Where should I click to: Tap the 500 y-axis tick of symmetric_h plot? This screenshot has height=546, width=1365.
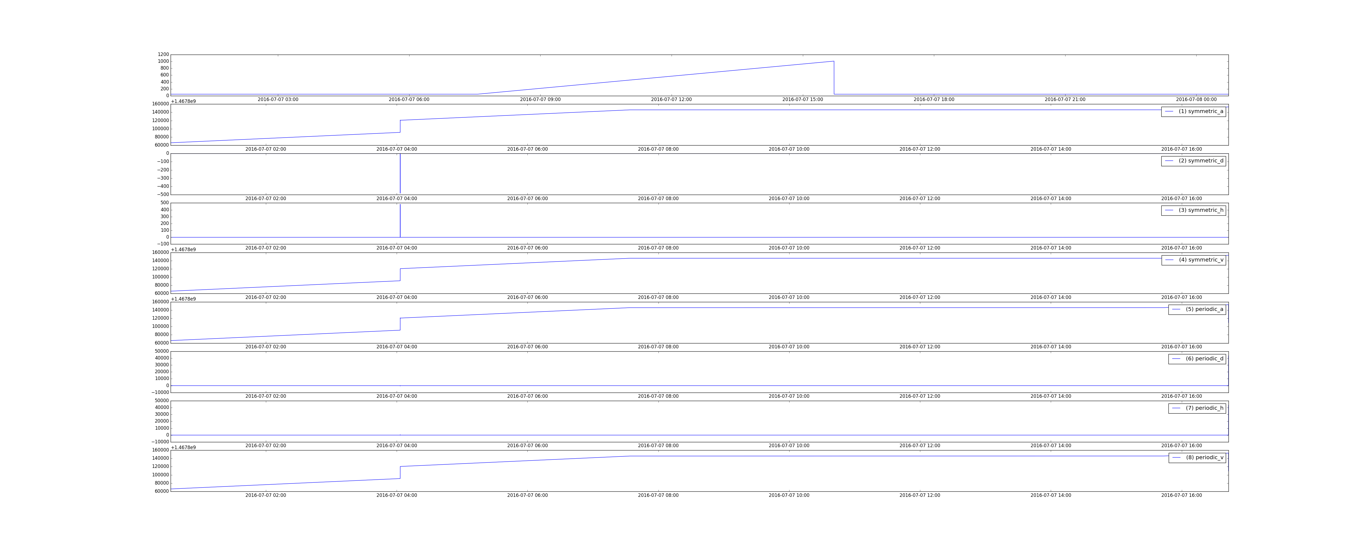click(164, 203)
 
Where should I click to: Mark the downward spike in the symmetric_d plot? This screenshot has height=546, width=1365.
click(400, 173)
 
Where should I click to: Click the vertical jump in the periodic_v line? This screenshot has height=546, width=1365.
click(400, 472)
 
